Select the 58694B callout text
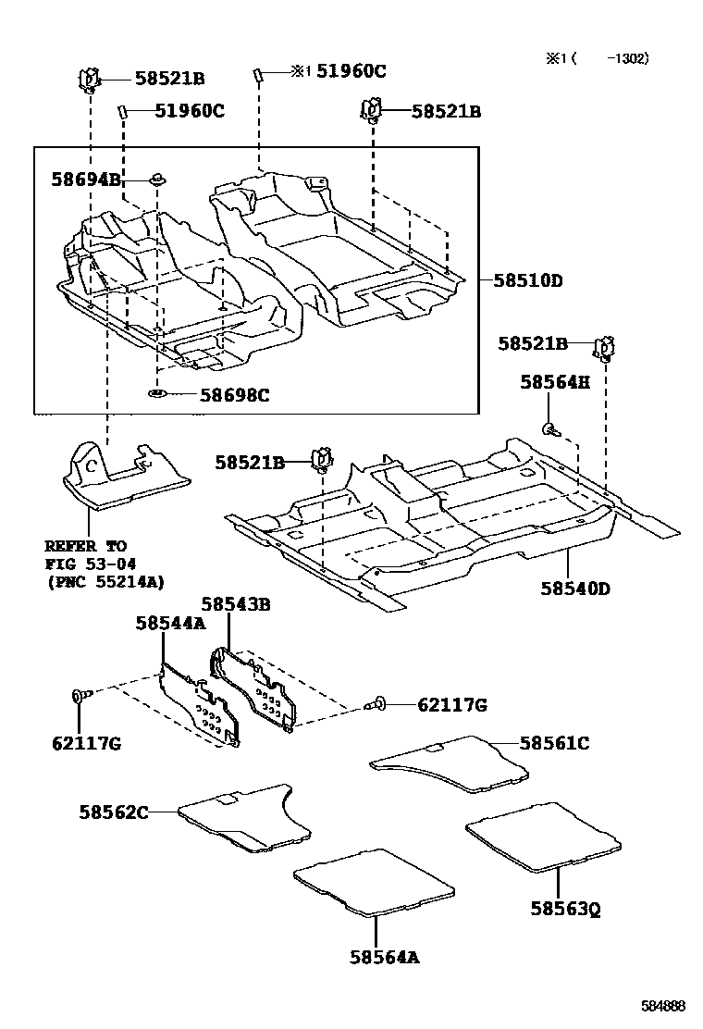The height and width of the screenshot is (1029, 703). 86,180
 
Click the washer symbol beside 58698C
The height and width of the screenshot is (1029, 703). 157,396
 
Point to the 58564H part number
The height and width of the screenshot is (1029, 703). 554,381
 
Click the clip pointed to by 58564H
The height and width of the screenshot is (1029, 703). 550,427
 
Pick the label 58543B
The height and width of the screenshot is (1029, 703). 235,604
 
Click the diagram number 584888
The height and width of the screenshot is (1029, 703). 664,1005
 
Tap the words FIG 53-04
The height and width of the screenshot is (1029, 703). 86,564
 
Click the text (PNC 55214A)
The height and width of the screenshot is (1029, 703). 105,581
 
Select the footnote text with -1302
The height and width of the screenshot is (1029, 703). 597,58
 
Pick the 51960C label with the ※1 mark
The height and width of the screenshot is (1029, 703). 339,71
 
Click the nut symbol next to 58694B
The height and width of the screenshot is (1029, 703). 158,179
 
